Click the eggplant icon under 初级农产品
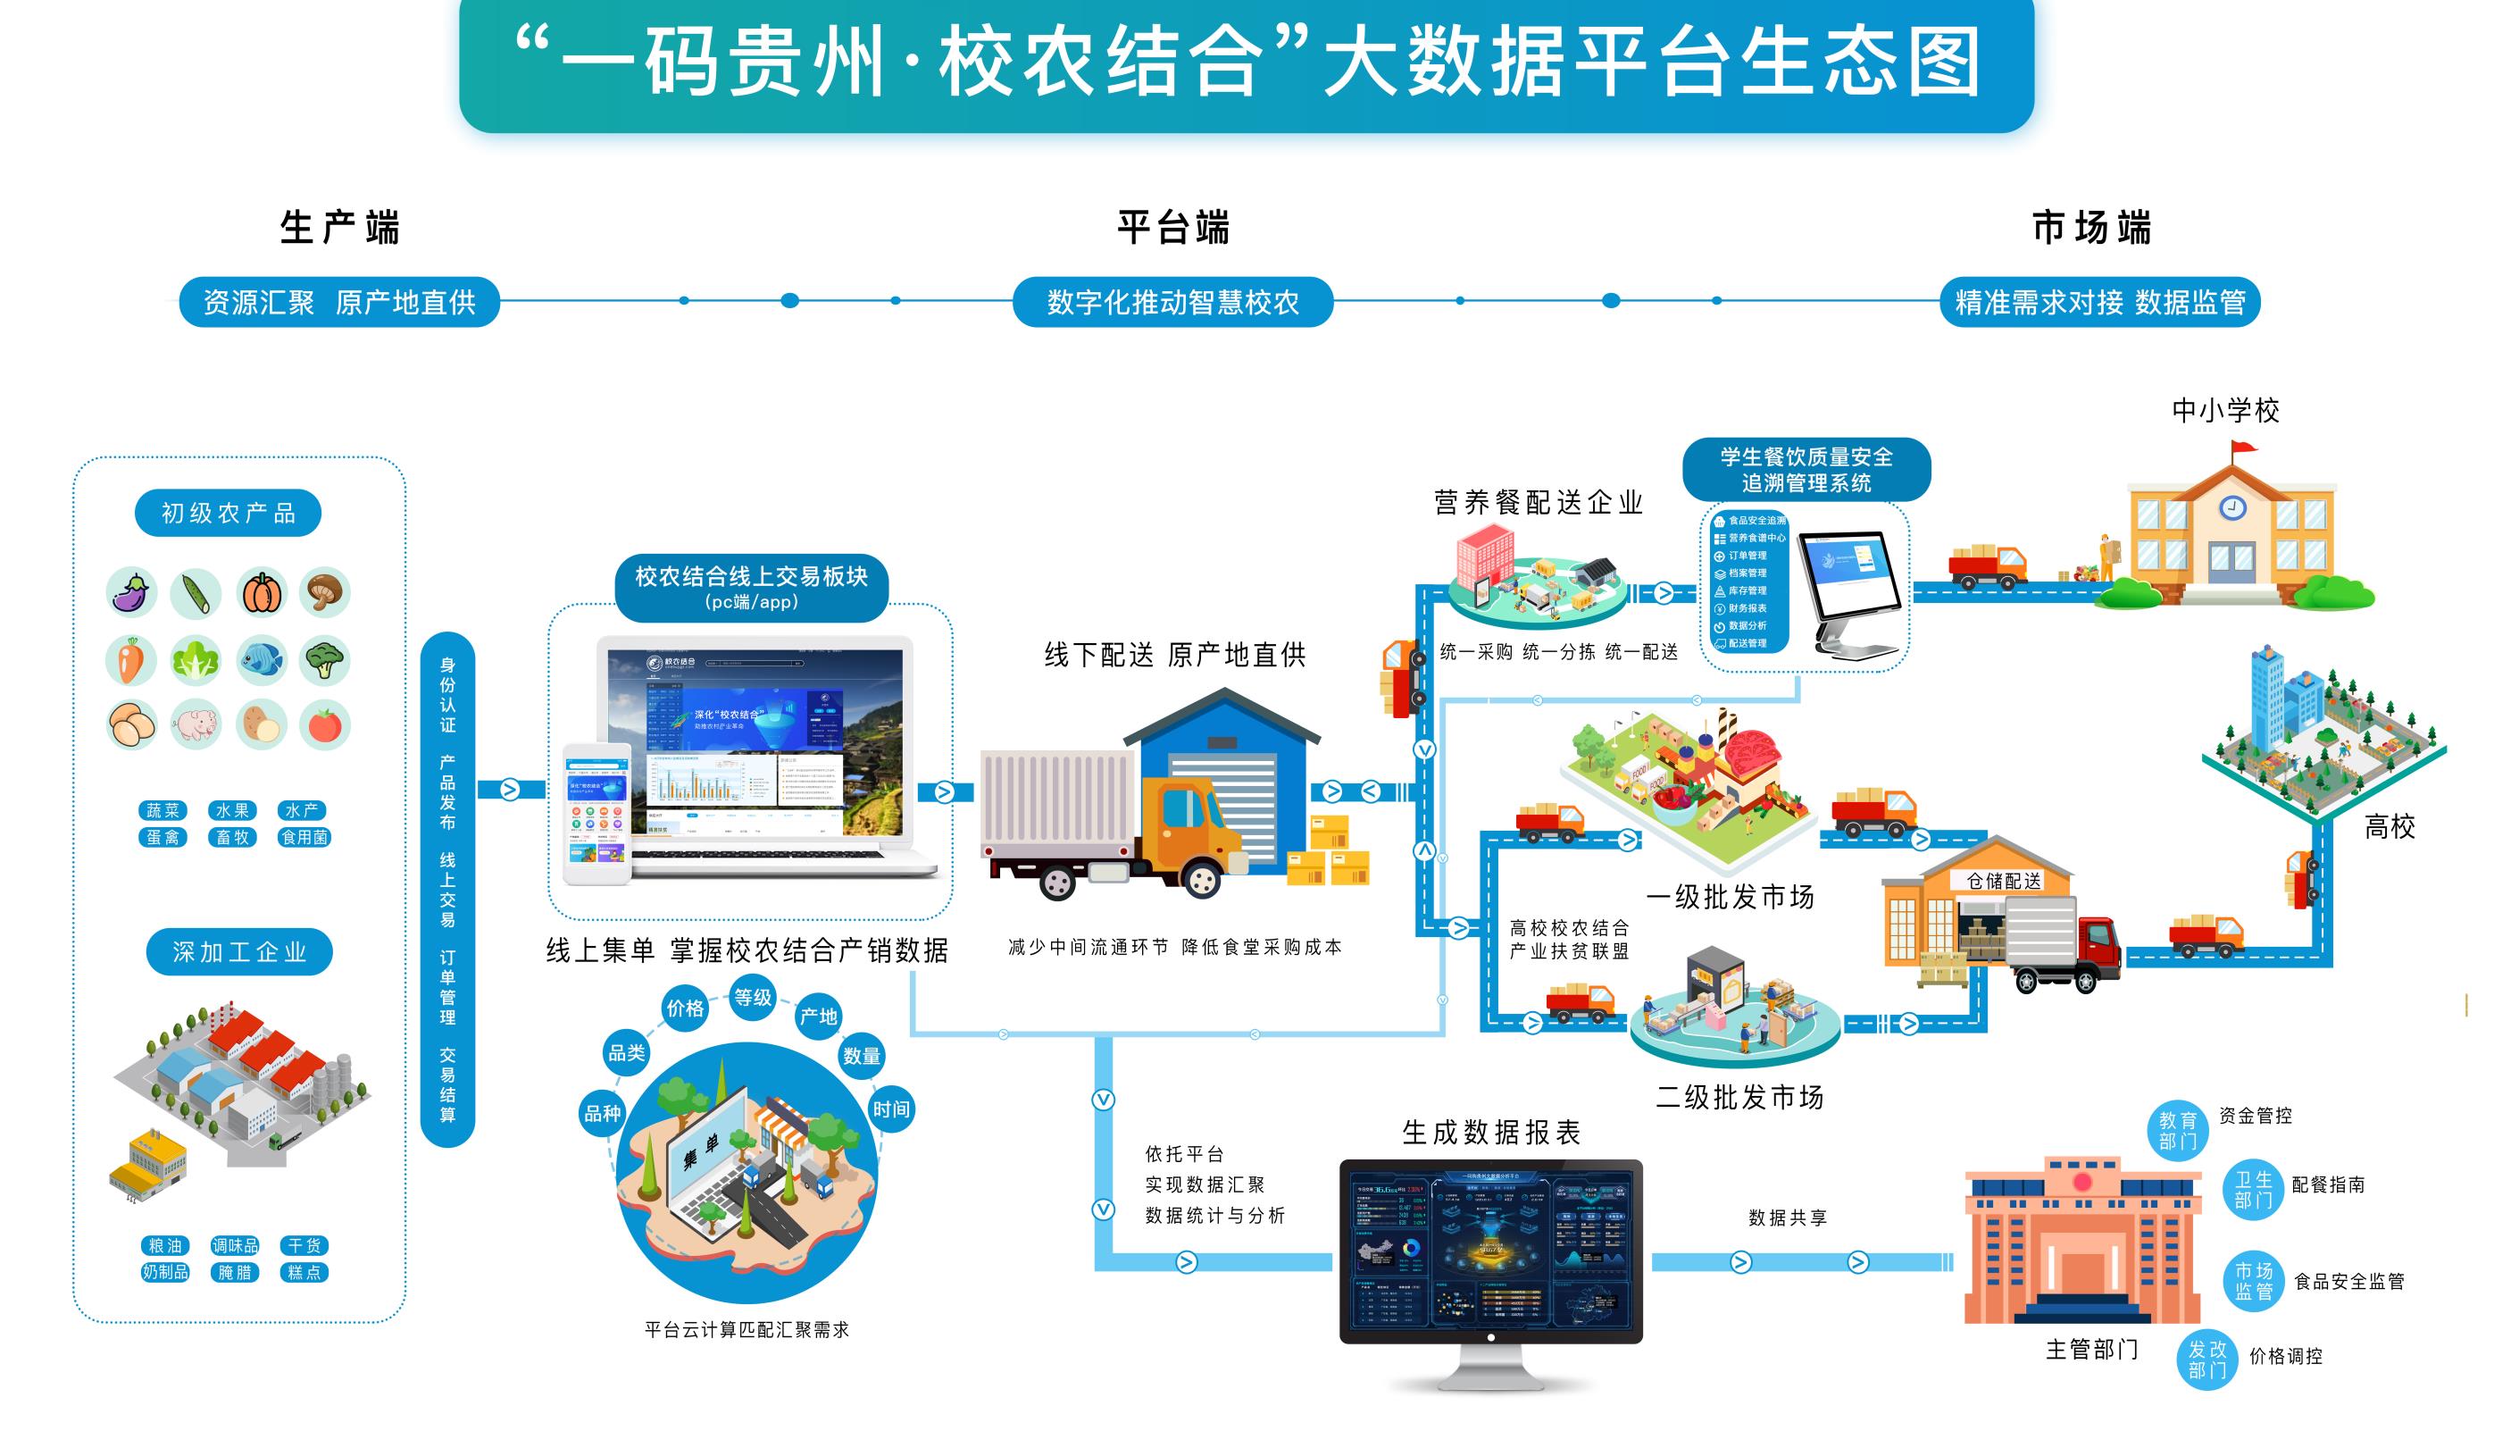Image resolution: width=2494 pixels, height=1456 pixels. [131, 594]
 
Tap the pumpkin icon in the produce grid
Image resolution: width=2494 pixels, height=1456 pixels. [263, 594]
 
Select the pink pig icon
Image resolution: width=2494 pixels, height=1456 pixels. [196, 724]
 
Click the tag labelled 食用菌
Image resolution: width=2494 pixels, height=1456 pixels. [304, 837]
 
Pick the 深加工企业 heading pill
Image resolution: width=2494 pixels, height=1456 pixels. [239, 952]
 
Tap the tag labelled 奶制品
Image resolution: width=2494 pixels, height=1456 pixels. [165, 1272]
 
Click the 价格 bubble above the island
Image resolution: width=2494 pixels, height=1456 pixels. [685, 1008]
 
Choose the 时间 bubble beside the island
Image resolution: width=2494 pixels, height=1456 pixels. [891, 1109]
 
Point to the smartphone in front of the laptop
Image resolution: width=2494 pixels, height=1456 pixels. [596, 815]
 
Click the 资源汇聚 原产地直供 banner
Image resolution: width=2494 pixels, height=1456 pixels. [338, 302]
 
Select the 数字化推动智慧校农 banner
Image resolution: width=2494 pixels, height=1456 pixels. [1172, 302]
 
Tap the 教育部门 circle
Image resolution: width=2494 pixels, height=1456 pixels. [2177, 1130]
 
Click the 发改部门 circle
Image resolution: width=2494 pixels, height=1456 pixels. [2207, 1359]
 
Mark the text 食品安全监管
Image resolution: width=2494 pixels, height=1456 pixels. [2348, 1282]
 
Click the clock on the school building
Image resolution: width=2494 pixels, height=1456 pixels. [2232, 507]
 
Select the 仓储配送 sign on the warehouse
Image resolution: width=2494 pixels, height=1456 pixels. [2003, 881]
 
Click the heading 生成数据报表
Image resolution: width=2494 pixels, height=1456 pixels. [1491, 1133]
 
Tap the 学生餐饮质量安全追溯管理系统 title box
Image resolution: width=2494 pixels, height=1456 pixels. [1806, 469]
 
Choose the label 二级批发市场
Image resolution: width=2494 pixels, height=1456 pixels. [1739, 1097]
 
